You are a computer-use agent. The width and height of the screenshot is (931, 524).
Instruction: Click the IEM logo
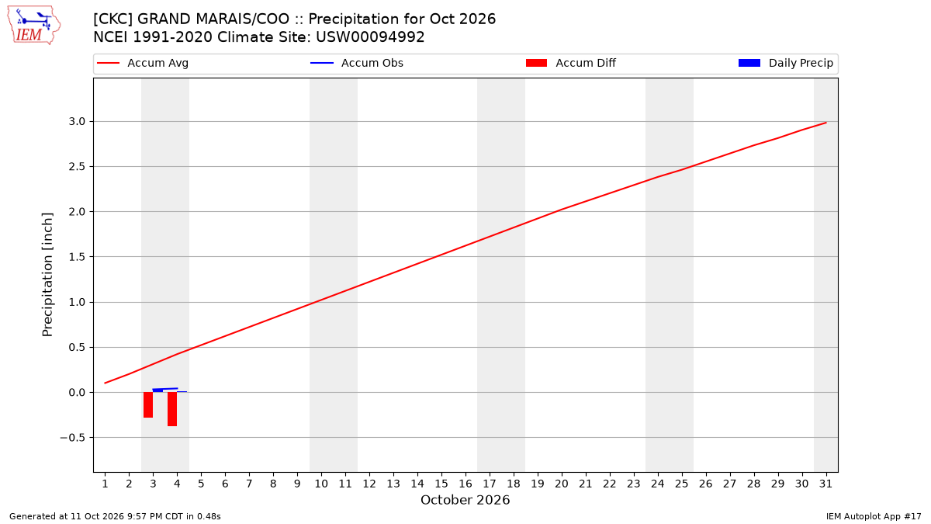click(x=33, y=26)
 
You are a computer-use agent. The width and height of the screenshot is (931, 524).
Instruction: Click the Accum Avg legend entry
click(x=143, y=63)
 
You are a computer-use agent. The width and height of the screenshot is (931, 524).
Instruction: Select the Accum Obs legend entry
click(x=357, y=63)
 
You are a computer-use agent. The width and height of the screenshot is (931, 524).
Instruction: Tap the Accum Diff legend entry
click(x=571, y=63)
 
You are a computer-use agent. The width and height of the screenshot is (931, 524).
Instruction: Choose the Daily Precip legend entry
click(x=785, y=63)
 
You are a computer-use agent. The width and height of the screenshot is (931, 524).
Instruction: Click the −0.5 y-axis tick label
click(x=73, y=438)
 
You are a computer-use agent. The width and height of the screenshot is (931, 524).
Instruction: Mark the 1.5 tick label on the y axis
click(x=77, y=257)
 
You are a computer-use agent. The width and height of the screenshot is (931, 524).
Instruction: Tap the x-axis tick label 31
click(x=825, y=484)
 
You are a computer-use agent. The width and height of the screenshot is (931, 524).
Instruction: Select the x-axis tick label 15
click(x=441, y=484)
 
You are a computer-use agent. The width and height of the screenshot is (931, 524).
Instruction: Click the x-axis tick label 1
click(x=106, y=484)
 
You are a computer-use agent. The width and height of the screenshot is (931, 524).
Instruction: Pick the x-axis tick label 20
click(x=562, y=484)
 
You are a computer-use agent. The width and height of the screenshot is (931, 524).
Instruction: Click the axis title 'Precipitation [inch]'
click(x=47, y=275)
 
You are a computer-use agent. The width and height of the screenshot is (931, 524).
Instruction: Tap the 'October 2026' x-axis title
click(x=465, y=500)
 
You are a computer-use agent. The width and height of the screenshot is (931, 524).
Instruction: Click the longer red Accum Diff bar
click(x=172, y=409)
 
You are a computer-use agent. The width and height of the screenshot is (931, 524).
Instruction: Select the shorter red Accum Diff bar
click(x=148, y=404)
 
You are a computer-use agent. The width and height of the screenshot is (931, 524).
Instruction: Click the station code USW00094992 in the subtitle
click(x=370, y=37)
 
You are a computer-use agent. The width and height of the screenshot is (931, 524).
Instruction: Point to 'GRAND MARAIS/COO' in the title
click(x=213, y=19)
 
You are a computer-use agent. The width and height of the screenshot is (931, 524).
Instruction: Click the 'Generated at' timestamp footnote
click(x=115, y=516)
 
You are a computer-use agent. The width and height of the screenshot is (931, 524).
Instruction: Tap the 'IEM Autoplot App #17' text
click(x=874, y=516)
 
